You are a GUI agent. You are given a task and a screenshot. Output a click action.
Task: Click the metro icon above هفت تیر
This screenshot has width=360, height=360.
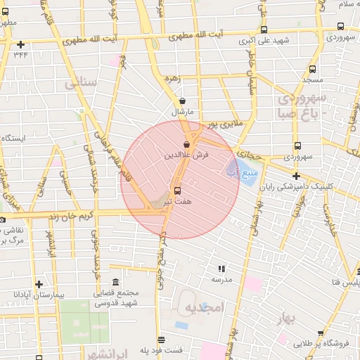pyautogui.click(x=176, y=190)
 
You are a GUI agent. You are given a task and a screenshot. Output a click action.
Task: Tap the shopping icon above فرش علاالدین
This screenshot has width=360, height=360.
pyautogui.click(x=186, y=144)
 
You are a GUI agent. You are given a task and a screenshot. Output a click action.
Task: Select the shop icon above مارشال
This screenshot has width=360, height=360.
pyautogui.click(x=182, y=101)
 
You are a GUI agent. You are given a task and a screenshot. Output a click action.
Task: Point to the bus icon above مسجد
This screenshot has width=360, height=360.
pyautogui.click(x=313, y=70)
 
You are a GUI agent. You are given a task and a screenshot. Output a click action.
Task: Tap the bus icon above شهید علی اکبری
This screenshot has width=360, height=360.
pyautogui.click(x=264, y=30)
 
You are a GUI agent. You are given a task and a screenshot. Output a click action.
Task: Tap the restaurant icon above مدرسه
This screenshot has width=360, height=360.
pyautogui.click(x=221, y=269)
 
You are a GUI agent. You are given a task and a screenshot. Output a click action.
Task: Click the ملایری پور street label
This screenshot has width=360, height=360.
pyautogui.click(x=224, y=124)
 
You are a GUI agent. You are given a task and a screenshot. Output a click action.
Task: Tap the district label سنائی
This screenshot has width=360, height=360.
pyautogui.click(x=79, y=84)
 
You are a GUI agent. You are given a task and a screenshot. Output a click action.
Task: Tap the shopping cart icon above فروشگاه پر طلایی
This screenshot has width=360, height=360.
pyautogui.click(x=321, y=333)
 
